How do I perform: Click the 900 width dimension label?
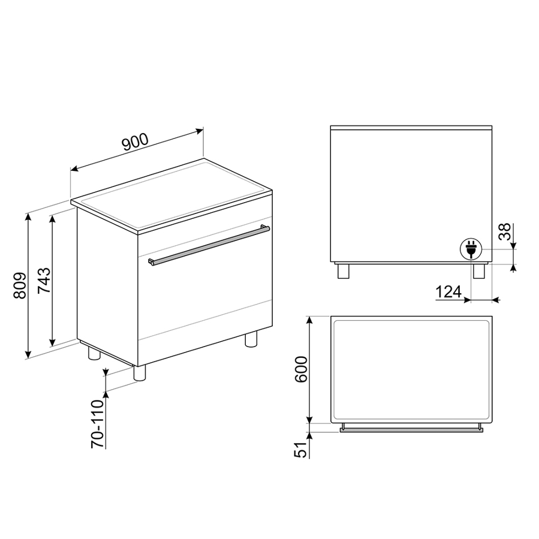[135, 141]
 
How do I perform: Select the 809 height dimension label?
[20, 285]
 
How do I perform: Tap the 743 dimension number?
[44, 280]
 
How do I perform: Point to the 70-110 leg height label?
[97, 424]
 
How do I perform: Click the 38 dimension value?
[505, 232]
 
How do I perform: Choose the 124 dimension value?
[448, 292]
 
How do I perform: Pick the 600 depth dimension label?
[300, 369]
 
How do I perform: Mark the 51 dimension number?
[300, 450]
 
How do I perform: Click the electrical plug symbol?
[471, 249]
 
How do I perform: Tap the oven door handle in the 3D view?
[209, 245]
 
